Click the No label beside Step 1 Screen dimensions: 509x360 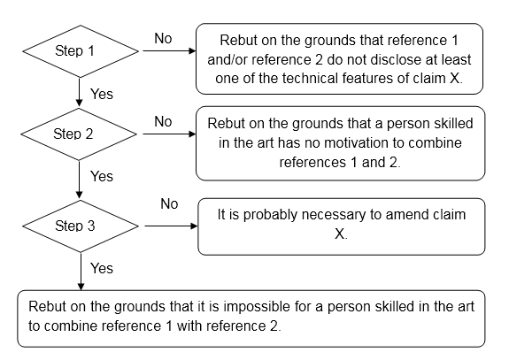point(163,39)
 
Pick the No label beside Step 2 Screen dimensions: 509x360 point(163,122)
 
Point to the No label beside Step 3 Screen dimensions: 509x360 point(169,204)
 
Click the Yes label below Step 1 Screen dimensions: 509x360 point(102,95)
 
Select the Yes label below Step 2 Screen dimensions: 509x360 point(102,177)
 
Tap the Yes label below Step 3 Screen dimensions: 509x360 point(102,269)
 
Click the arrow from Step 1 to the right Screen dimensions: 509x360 point(169,51)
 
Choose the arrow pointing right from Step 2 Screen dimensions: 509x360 point(169,134)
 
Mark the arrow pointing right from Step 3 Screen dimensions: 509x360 point(171,226)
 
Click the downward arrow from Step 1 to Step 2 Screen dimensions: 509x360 point(79,92)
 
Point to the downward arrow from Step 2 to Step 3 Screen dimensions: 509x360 point(79,180)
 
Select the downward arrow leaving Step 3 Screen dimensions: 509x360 point(81,272)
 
